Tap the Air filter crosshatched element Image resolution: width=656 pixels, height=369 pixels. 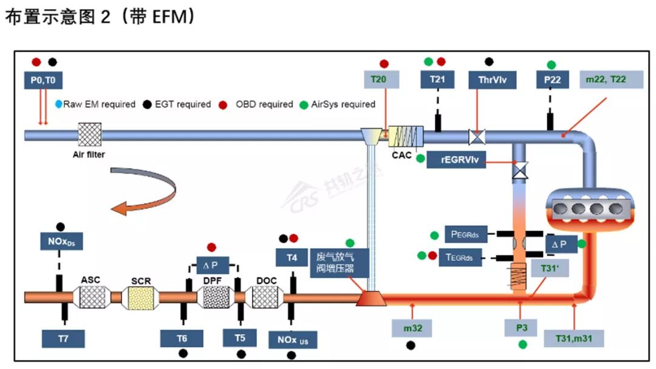tap(89, 134)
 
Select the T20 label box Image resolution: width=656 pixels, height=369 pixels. tap(381, 80)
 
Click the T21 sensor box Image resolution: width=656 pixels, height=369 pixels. tap(437, 80)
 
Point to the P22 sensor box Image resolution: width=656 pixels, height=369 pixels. tap(552, 80)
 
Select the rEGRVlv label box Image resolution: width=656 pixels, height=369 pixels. tap(464, 160)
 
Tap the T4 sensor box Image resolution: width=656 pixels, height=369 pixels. tap(293, 257)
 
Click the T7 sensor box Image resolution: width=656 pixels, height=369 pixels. tap(63, 339)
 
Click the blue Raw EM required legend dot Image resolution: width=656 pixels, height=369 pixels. tap(59, 104)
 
